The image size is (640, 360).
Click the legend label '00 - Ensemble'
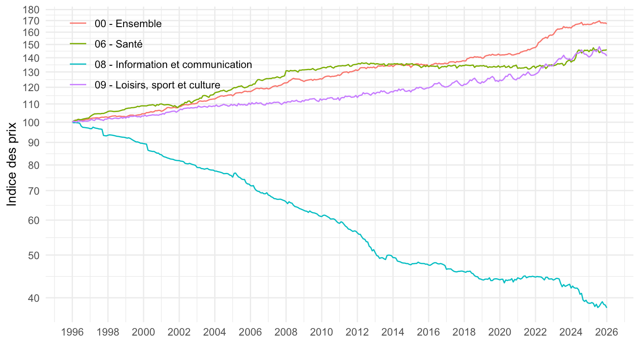click(128, 24)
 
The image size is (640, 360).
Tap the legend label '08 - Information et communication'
click(173, 64)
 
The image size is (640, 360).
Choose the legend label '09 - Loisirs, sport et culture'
click(157, 84)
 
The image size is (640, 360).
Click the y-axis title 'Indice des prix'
click(12, 164)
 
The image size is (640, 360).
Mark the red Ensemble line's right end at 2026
click(607, 23)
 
